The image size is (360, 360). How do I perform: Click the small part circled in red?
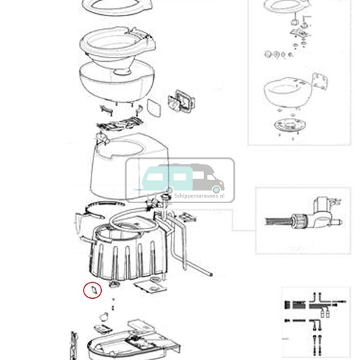[x=91, y=288]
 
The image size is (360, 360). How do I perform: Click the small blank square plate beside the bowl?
[x=153, y=108]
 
